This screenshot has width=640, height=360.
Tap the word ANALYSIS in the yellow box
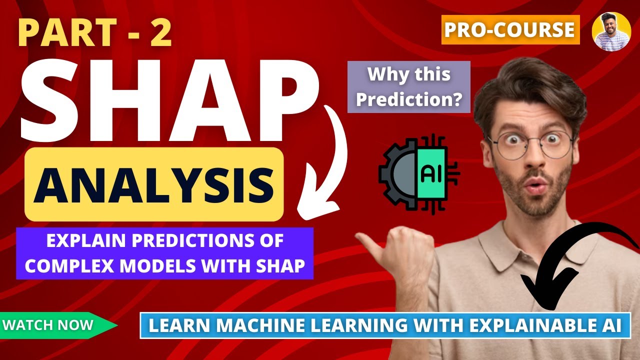(154, 184)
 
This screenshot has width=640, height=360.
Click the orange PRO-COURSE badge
(510, 30)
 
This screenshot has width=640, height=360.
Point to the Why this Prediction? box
(409, 87)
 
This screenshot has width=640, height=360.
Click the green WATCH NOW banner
(55, 325)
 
